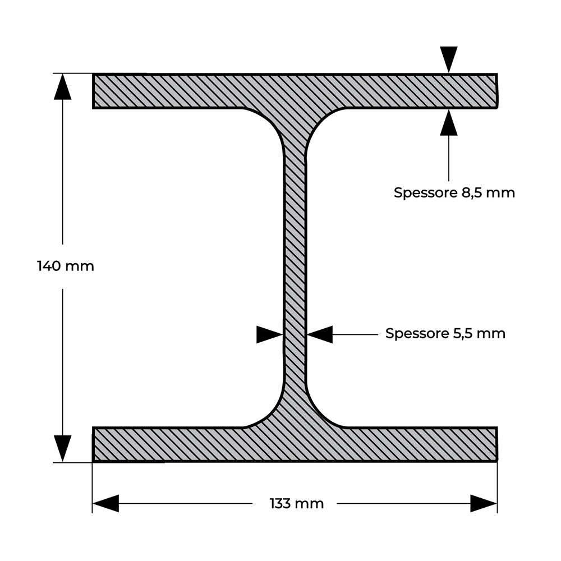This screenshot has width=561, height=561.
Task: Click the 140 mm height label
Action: [x=66, y=266]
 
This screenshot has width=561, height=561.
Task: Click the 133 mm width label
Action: [x=297, y=504]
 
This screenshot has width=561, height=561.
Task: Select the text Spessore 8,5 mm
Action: [x=454, y=192]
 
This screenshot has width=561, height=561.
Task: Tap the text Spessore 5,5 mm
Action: [x=445, y=333]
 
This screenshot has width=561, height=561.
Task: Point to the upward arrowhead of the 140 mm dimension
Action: [x=63, y=86]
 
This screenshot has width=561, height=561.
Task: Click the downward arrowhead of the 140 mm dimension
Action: [x=63, y=449]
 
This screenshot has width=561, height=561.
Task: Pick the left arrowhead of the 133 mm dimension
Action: [x=105, y=503]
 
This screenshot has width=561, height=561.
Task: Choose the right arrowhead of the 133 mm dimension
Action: [x=484, y=503]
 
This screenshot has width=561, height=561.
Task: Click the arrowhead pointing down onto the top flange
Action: [x=449, y=59]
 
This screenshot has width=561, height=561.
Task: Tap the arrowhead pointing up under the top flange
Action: [x=449, y=122]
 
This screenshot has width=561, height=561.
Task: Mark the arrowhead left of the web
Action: [x=270, y=334]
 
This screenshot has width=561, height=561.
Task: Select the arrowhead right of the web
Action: [x=320, y=334]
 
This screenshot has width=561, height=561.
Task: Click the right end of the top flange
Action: [x=497, y=91]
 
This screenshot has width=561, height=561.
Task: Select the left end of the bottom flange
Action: [x=93, y=444]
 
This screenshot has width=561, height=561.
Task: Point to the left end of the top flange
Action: [x=93, y=91]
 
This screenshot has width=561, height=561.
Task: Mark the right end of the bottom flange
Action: [x=497, y=444]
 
